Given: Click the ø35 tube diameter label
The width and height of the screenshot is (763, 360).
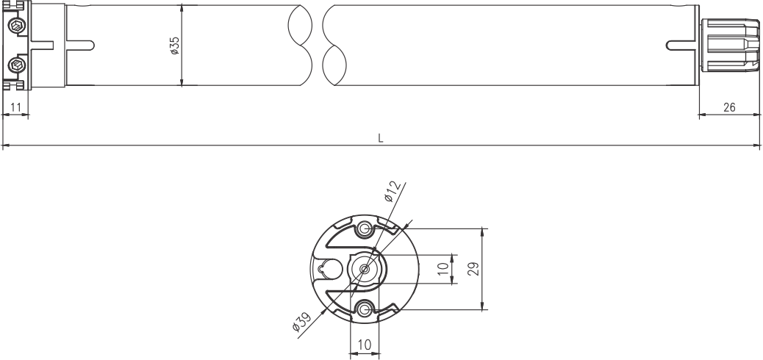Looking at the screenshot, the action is [x=175, y=46].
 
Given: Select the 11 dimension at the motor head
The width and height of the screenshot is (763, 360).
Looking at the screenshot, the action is [x=15, y=107].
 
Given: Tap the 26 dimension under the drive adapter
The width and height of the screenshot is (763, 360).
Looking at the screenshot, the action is [x=729, y=107].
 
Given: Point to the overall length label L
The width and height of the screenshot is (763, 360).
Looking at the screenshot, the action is [x=381, y=138].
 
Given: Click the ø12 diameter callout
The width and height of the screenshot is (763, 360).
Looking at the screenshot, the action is [x=393, y=191].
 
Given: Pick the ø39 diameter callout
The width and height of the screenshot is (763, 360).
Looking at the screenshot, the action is [x=301, y=322].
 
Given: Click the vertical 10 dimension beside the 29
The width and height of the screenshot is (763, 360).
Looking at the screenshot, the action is [x=443, y=269].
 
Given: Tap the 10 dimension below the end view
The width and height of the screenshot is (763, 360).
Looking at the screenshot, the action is [x=364, y=345].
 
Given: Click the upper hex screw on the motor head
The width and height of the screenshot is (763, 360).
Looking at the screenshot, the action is [x=18, y=26].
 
